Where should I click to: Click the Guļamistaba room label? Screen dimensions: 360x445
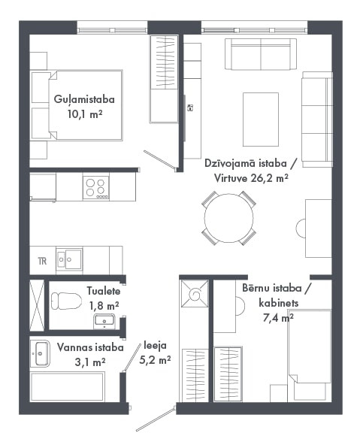84,100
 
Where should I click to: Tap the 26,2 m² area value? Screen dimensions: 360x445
270,178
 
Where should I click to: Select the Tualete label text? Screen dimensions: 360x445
104,291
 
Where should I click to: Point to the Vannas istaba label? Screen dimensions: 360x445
90,347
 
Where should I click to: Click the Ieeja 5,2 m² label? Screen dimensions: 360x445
155,353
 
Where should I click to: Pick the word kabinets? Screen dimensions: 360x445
279,303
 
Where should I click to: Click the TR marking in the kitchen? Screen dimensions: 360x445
42,261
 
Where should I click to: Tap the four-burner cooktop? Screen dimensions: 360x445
96,187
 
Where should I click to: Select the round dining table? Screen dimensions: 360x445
228,218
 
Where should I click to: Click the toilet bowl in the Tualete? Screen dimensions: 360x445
66,301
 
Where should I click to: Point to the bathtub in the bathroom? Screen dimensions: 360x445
68,386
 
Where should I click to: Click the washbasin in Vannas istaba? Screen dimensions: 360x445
41,353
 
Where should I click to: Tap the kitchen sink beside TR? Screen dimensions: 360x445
69,259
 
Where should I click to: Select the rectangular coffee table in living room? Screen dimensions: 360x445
261,120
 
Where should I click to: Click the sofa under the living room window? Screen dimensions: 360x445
261,54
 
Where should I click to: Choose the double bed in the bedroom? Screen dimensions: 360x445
86,105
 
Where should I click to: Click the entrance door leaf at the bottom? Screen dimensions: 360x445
155,419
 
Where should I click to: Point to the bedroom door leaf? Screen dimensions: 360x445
159,161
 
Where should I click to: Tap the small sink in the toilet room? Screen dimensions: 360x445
104,320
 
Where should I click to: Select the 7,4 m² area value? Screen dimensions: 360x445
278,317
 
